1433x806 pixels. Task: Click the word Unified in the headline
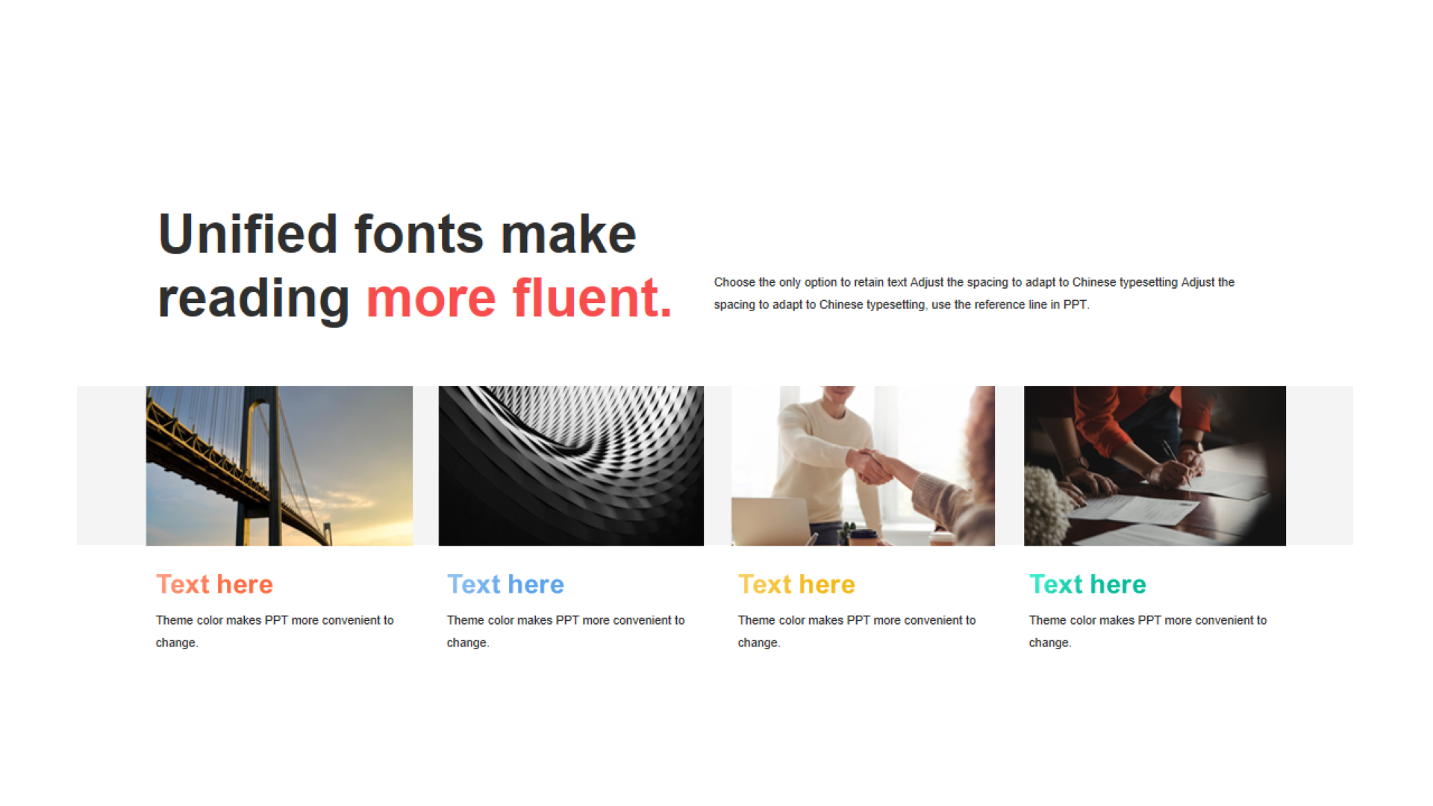248,234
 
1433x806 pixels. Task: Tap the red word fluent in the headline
593,298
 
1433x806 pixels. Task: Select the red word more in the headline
431,300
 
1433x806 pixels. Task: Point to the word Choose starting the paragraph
734,282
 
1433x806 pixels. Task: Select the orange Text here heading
214,584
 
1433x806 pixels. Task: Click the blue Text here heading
505,584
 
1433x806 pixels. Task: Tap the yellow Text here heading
796,584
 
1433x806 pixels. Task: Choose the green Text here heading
1087,584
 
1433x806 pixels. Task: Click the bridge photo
279,466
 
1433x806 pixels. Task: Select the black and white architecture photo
571,466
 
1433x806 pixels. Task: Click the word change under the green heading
1049,643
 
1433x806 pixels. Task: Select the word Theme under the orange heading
175,620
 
